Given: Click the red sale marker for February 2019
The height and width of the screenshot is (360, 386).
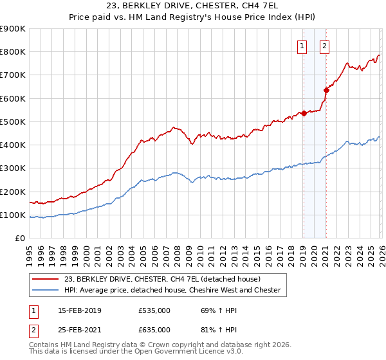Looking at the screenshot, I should (x=304, y=114).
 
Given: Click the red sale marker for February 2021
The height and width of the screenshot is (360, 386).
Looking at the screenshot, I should (x=326, y=91).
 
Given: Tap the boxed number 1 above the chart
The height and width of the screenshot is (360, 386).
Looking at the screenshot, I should (x=302, y=46).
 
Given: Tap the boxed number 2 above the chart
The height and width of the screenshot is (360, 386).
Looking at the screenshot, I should (x=324, y=46).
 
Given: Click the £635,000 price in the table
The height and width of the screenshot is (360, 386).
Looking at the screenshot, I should (x=154, y=329).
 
